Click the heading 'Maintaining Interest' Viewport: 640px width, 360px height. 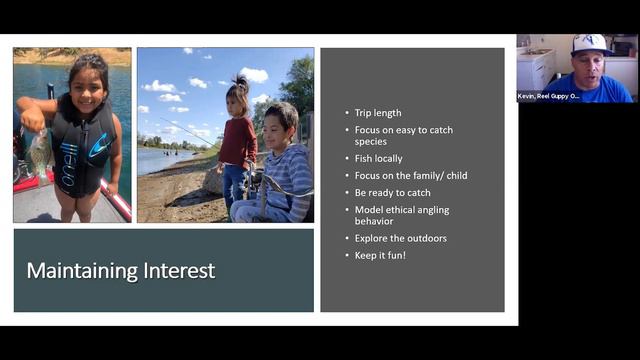[120, 271]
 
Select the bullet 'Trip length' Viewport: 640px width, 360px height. [378, 113]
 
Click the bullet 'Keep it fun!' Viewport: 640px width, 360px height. [380, 254]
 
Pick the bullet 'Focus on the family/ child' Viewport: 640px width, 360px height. [410, 175]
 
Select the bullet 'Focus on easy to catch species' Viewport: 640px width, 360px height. [398, 135]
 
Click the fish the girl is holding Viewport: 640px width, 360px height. [40, 150]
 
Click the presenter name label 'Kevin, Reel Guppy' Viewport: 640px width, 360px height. [548, 97]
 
